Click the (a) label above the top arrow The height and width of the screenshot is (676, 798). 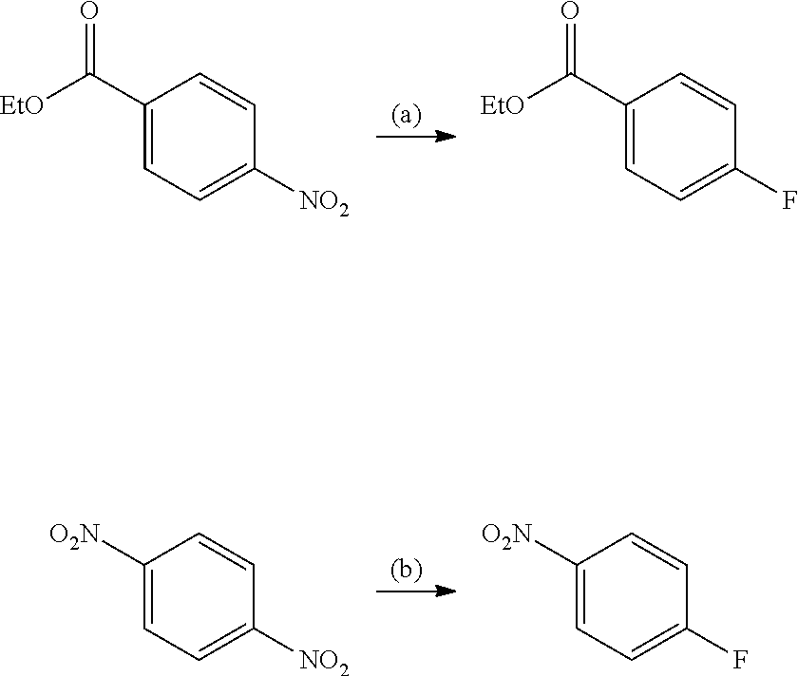(x=407, y=116)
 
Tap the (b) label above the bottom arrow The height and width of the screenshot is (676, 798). (x=407, y=571)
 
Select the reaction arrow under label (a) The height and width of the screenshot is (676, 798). (x=416, y=137)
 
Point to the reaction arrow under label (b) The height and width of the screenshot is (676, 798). (x=416, y=591)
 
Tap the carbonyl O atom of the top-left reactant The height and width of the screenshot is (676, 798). (x=90, y=12)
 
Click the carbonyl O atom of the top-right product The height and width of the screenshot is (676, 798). (x=571, y=12)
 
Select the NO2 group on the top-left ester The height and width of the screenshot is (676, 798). (x=324, y=203)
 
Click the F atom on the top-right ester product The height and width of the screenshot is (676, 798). (x=788, y=201)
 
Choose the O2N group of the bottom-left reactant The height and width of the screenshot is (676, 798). (x=74, y=535)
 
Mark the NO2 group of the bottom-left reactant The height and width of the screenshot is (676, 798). (x=324, y=661)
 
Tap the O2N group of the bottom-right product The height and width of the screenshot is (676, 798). (x=506, y=535)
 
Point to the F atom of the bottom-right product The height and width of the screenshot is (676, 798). (x=740, y=661)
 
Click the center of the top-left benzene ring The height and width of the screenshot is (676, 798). (x=199, y=137)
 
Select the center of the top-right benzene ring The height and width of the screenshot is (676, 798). (x=681, y=137)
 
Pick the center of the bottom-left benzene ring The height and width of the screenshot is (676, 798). (x=199, y=596)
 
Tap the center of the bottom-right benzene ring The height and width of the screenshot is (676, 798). (x=632, y=596)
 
